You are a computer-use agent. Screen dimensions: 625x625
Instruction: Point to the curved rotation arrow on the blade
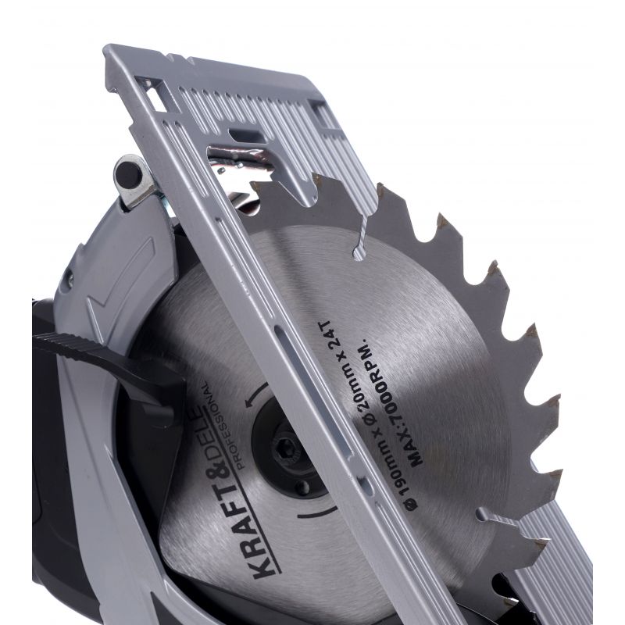(x=255, y=395)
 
